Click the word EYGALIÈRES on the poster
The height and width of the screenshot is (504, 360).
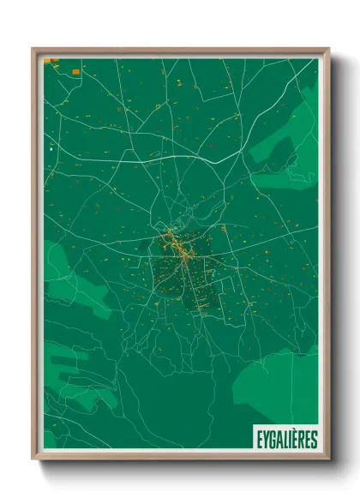(x=285, y=440)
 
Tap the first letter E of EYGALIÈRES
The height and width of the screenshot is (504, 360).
(x=258, y=440)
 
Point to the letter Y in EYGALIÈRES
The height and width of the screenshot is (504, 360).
(x=264, y=440)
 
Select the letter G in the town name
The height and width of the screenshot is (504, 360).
(x=271, y=440)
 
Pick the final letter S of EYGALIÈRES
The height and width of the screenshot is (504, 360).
(x=314, y=440)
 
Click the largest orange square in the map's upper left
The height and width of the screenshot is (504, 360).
(x=75, y=71)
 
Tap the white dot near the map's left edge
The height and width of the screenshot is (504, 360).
(x=51, y=149)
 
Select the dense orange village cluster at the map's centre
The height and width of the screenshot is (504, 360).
(x=179, y=248)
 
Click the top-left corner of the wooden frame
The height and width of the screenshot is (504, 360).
(x=33, y=49)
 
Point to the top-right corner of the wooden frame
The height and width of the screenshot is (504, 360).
(x=328, y=49)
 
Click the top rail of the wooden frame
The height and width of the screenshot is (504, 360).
(x=180, y=50)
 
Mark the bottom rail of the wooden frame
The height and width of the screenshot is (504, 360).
(x=180, y=458)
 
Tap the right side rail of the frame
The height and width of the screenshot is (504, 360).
(x=327, y=257)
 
